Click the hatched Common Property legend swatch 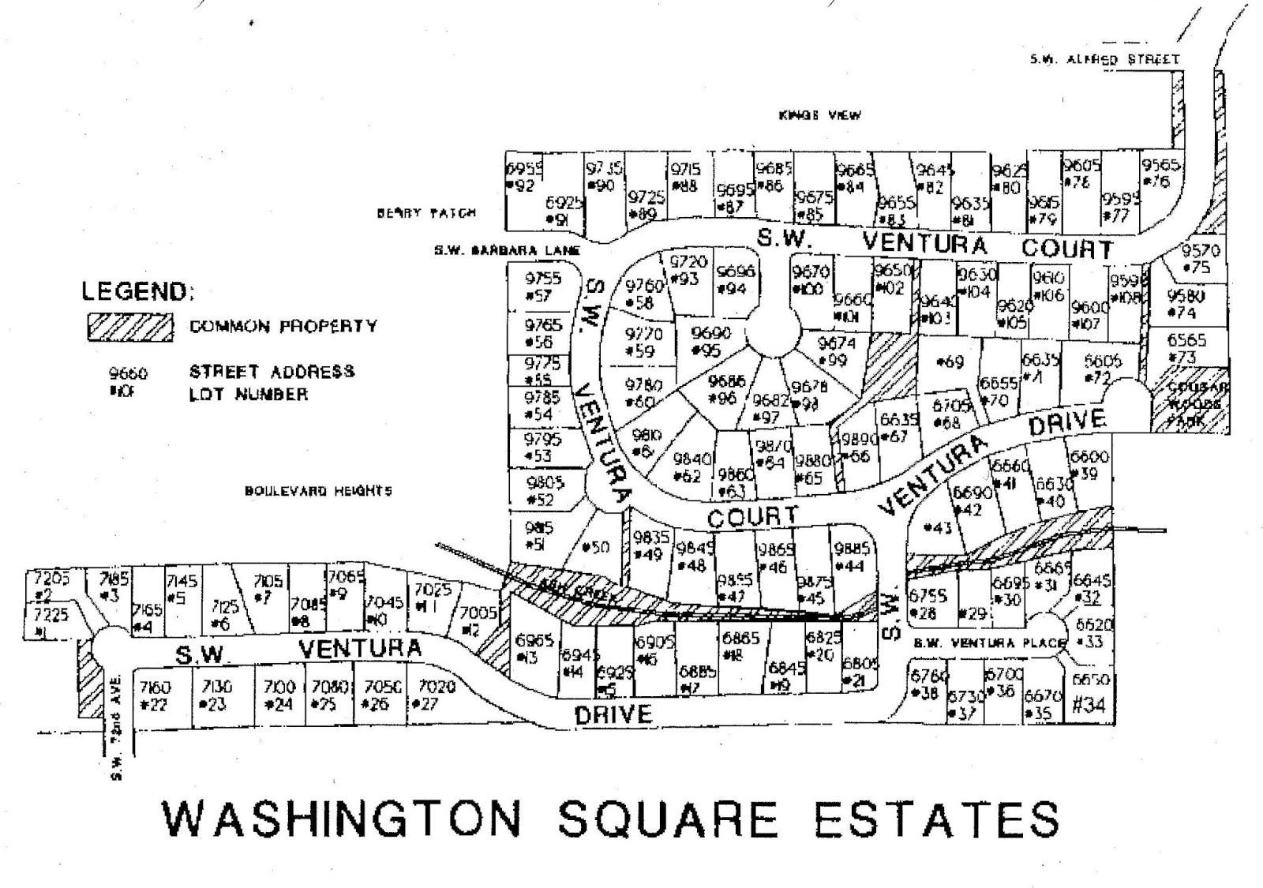(x=129, y=327)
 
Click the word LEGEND (x=137, y=291)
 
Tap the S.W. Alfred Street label (x=1104, y=59)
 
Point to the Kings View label (x=819, y=115)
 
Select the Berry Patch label (x=426, y=213)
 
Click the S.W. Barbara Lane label (x=507, y=251)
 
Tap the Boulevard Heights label (x=318, y=491)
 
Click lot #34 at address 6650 (x=1089, y=695)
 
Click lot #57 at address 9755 (x=543, y=287)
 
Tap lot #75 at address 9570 (x=1200, y=259)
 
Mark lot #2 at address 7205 (x=51, y=586)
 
